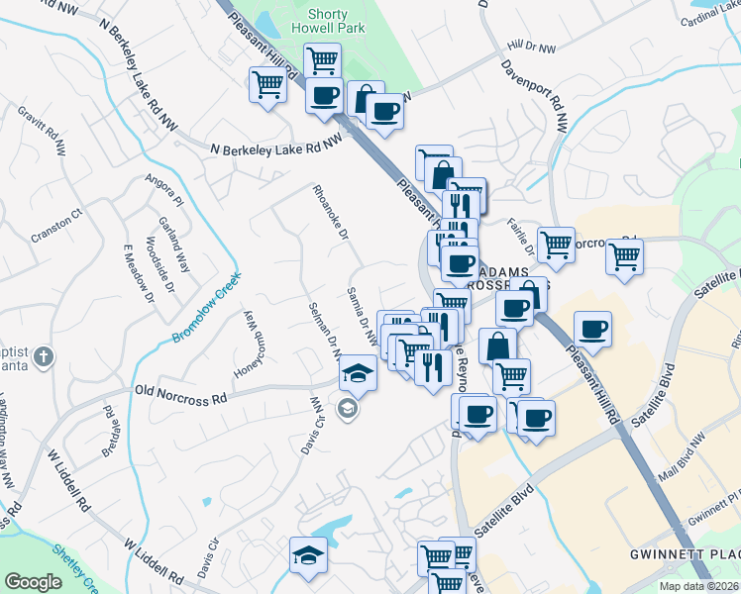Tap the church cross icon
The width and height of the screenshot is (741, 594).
(x=42, y=355)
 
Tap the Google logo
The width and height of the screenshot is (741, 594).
(x=34, y=582)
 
